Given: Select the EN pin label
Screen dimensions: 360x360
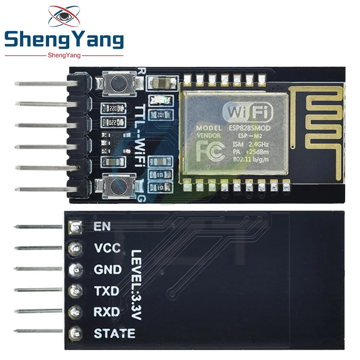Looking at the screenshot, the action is [x=102, y=226].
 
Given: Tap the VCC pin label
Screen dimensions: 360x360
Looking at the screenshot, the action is [x=107, y=248].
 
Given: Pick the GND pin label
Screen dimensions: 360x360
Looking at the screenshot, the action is [x=108, y=270].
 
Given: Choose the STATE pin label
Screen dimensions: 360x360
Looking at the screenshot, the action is [x=114, y=333].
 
